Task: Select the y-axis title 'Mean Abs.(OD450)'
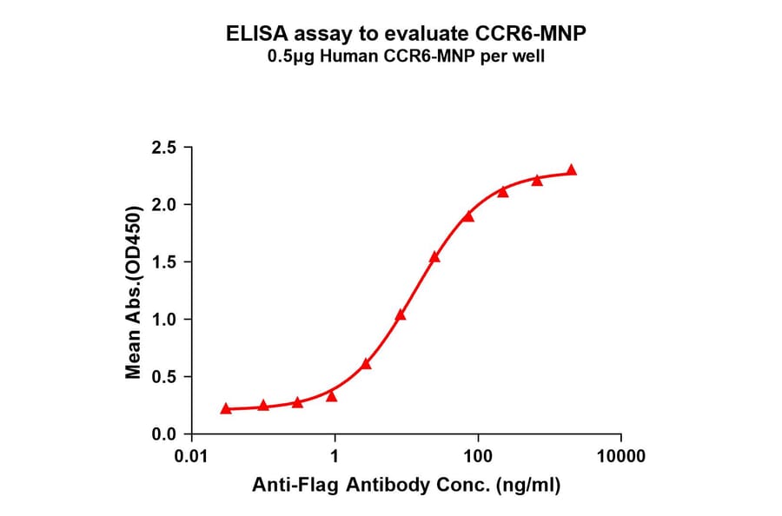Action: point(134,293)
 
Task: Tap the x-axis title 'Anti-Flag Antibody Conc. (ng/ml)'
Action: point(406,486)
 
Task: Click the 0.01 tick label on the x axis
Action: point(192,456)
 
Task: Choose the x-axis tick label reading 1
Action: point(335,456)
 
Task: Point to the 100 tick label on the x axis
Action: point(477,456)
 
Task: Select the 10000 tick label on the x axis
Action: point(620,456)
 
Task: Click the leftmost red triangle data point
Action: point(226,408)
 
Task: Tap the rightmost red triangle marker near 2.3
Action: point(571,170)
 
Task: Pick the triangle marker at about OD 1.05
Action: point(401,314)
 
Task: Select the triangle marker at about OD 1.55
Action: point(434,256)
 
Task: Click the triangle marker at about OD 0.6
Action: point(366,363)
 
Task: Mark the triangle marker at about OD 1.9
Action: point(468,215)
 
